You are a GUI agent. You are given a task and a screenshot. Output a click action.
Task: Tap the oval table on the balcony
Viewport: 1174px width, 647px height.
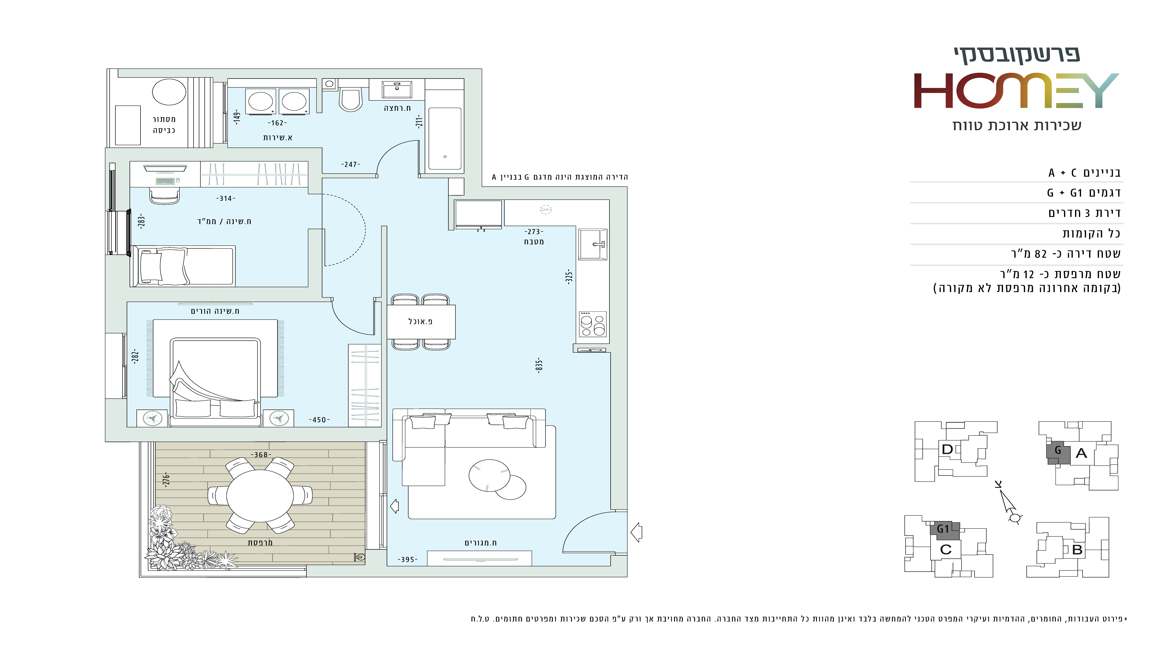(260, 496)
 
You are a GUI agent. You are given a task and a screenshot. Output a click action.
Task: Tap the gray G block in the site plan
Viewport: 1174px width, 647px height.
(1058, 452)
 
